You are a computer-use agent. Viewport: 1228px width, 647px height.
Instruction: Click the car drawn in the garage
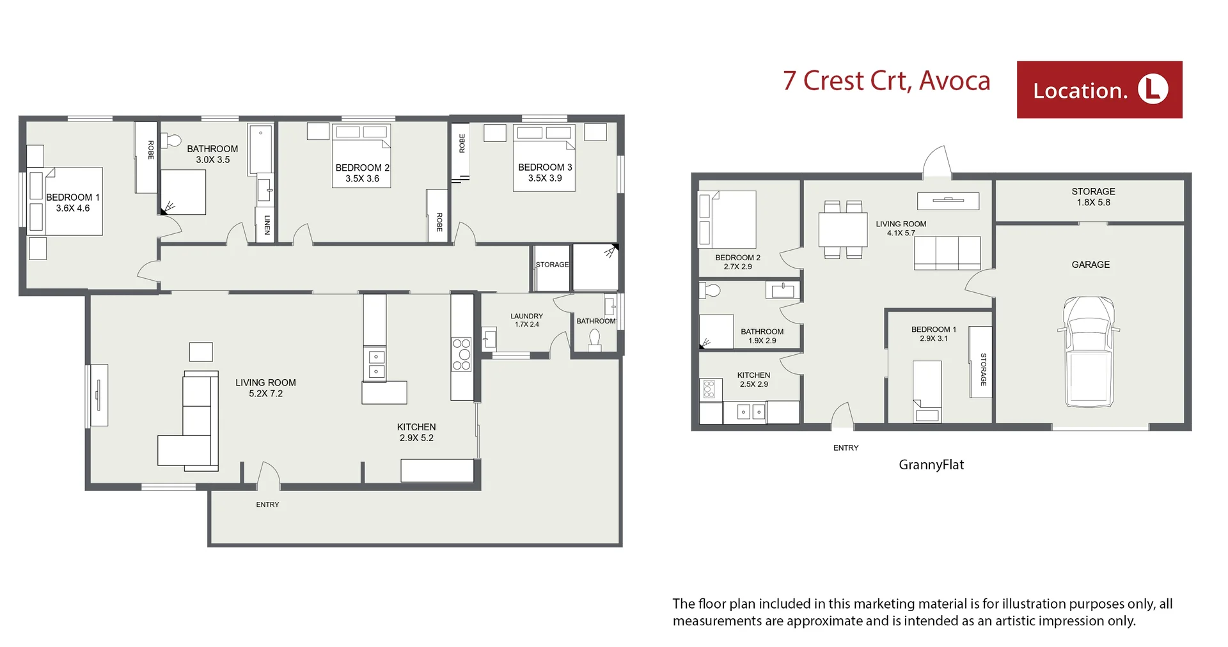point(1088,352)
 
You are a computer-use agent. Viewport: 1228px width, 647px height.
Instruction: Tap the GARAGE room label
point(1090,265)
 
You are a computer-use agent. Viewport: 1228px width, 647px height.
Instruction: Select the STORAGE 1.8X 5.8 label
point(1093,197)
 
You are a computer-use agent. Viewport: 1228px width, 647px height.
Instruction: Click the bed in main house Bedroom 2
point(361,155)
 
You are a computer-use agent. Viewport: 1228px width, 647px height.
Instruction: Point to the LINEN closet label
point(267,224)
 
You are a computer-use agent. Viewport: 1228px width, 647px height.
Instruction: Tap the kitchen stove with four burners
point(461,355)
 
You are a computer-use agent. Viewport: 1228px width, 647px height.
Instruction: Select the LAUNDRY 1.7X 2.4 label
point(526,320)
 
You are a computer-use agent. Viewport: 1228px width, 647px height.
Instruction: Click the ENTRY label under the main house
point(267,504)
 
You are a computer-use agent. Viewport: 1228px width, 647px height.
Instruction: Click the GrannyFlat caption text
point(931,465)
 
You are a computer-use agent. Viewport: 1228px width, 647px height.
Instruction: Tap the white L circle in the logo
point(1153,90)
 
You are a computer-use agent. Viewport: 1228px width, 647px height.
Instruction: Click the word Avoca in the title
point(954,81)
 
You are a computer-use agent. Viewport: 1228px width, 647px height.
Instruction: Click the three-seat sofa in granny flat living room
point(947,253)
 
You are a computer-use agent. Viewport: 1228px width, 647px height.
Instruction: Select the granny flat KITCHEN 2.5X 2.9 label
point(753,380)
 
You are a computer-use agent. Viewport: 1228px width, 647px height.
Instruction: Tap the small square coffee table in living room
point(201,352)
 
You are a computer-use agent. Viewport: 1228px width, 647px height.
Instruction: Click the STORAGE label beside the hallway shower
point(552,265)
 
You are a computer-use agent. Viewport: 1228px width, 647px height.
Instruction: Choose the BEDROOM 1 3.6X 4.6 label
point(73,203)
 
